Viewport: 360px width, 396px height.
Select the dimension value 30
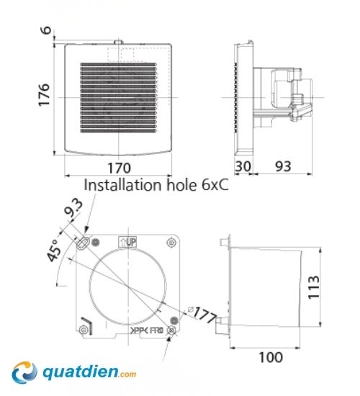pos(243,166)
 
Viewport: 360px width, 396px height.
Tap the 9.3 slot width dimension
pos(71,212)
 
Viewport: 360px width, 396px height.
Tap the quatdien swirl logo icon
pos(25,372)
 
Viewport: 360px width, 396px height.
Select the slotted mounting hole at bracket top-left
pos(84,243)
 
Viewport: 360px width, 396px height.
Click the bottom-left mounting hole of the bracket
pos(85,330)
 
